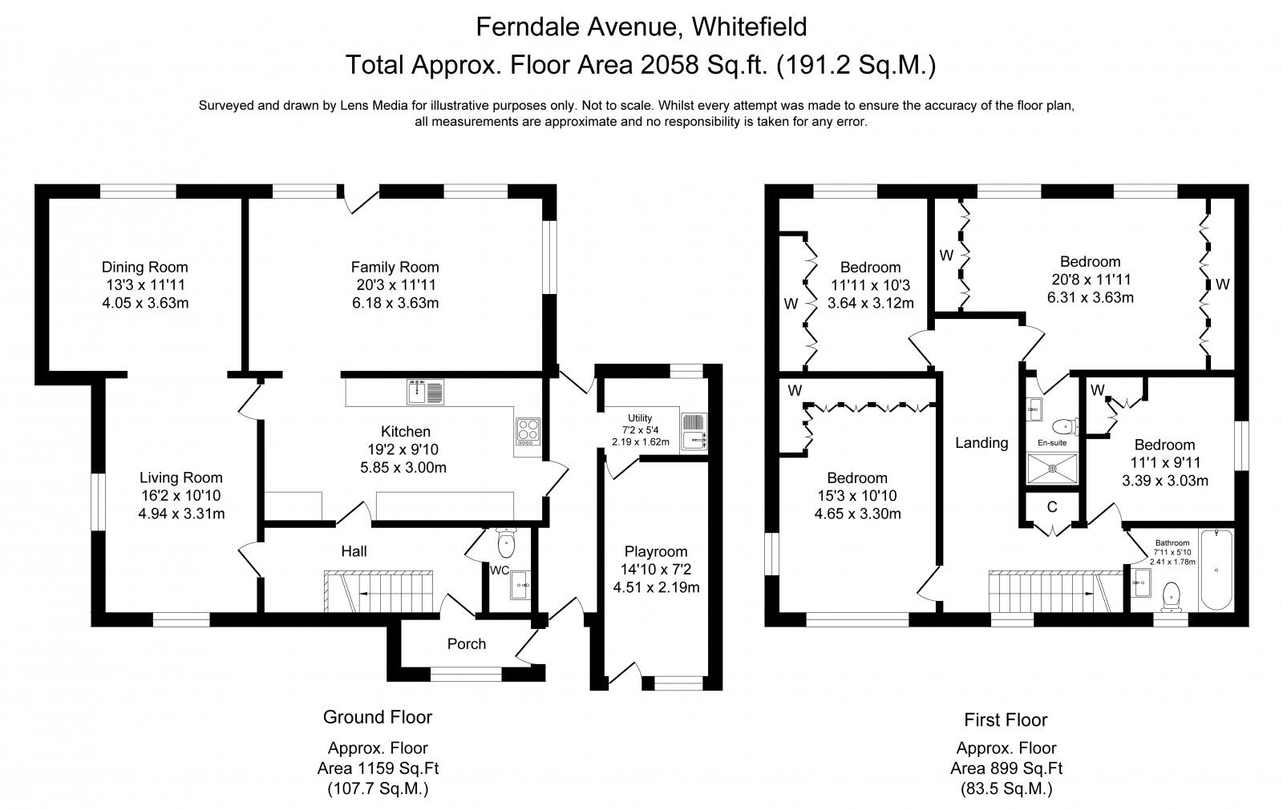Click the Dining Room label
[x=144, y=267]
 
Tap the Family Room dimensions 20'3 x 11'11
[x=395, y=284]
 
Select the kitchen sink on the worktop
[x=426, y=392]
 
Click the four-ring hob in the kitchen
[x=528, y=432]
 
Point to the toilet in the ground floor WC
[x=506, y=542]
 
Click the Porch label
[x=466, y=644]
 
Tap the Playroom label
[x=656, y=552]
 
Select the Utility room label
[x=640, y=418]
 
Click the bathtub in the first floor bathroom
[x=1216, y=570]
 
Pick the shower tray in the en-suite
[x=1052, y=468]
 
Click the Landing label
[x=981, y=442]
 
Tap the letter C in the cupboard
[x=1051, y=507]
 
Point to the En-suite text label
[x=1052, y=442]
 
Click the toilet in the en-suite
[x=1065, y=426]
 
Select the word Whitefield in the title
[x=749, y=27]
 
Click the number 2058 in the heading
[x=669, y=65]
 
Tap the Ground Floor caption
[x=378, y=717]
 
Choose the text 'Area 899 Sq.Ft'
[x=1006, y=768]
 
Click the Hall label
[x=354, y=551]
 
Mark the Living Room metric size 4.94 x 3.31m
[x=181, y=514]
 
